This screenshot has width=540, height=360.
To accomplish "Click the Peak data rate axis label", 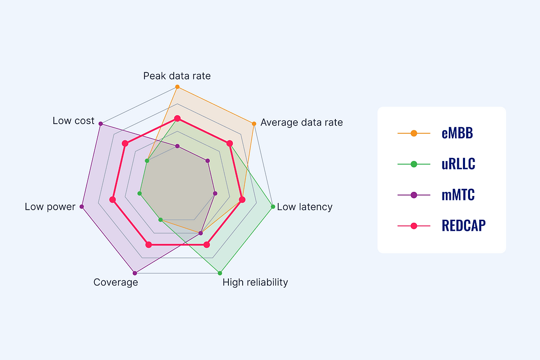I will click(177, 76).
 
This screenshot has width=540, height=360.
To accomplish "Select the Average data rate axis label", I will click(301, 123).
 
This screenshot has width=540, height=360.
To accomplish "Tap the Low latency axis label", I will click(304, 207).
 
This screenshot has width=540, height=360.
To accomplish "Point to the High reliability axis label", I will click(255, 282).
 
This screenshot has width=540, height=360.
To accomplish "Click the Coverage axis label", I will click(115, 282).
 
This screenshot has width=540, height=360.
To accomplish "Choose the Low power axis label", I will click(50, 207).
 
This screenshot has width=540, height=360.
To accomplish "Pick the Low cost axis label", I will click(73, 121).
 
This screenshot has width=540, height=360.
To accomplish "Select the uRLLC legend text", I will click(458, 164).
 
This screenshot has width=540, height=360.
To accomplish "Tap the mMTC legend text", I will click(458, 195).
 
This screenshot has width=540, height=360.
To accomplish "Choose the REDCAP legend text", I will click(464, 226).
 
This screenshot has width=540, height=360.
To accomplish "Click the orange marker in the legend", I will click(413, 133).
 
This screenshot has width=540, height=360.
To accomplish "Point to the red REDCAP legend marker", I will click(413, 226).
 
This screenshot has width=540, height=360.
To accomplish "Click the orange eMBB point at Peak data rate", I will click(177, 87).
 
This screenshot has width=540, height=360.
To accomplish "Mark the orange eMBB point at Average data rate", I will click(253, 124).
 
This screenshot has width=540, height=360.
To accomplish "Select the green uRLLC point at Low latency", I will click(273, 207).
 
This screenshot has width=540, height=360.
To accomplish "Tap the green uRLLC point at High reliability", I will click(220, 273).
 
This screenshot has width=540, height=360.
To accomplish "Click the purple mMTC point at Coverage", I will click(134, 273).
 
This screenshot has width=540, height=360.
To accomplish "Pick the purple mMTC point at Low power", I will click(82, 207).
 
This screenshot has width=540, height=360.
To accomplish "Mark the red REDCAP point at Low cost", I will click(125, 144).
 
